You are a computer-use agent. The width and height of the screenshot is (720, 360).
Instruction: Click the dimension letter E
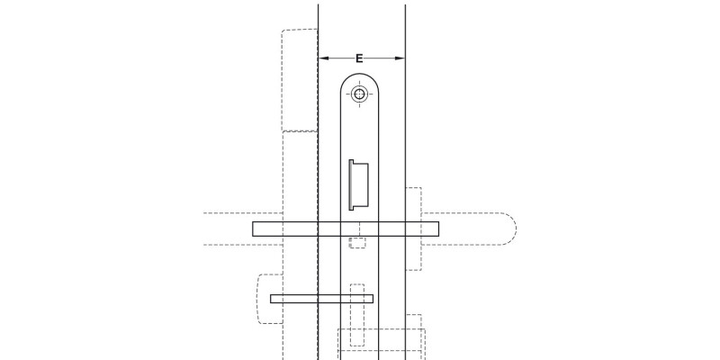[359, 58]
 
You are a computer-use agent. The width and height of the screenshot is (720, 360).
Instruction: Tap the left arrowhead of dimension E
[322, 58]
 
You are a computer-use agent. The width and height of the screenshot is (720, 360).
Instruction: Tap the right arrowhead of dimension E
[401, 58]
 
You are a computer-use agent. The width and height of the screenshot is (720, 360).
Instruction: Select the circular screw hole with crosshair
[360, 94]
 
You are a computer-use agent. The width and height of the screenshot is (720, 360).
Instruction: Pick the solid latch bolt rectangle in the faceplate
[357, 184]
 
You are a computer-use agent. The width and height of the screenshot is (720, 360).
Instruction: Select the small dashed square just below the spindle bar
[357, 242]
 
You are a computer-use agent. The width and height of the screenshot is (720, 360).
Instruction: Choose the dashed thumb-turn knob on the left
[266, 297]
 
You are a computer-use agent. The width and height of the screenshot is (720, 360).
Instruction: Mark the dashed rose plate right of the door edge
[413, 229]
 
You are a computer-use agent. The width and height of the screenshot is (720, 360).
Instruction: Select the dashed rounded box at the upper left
[299, 79]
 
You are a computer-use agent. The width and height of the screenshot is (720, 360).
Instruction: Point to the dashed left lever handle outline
[243, 229]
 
